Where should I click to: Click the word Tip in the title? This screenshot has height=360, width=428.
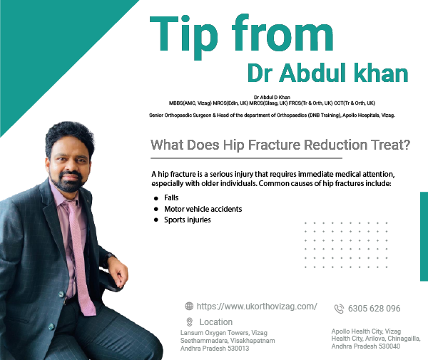pos(184,37)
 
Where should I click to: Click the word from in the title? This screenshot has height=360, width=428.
pos(282,33)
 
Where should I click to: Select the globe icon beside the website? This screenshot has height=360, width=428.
pos(189,307)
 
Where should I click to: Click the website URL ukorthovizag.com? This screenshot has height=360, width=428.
pos(257,307)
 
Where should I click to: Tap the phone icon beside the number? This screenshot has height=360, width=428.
pos(339,309)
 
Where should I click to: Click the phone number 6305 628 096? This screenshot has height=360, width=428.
pos(374,309)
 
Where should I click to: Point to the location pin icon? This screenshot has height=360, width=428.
pos(190,322)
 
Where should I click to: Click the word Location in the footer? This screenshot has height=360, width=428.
pos(216,322)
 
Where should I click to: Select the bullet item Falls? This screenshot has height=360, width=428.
pos(171,197)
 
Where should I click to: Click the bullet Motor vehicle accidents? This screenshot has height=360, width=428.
pos(203,209)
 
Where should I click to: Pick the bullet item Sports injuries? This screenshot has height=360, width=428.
pos(188,220)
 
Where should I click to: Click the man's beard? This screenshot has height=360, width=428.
pos(68,182)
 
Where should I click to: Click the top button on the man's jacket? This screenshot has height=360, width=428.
pos(61,294)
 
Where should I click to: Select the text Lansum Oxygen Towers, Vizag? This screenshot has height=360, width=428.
pos(224,333)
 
